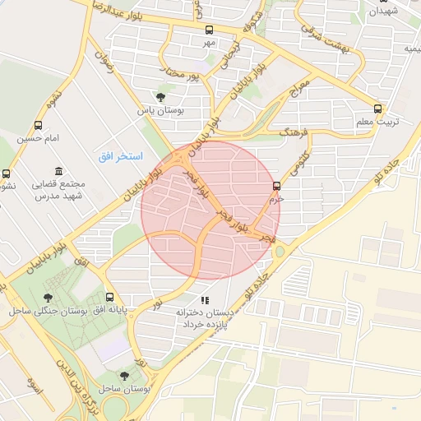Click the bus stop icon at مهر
(208, 30)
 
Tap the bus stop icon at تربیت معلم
(377, 109)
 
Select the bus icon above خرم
(276, 187)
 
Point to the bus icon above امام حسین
(39, 125)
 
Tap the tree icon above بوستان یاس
(160, 96)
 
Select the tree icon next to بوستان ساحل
(124, 375)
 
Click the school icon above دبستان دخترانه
(205, 300)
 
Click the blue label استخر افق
(120, 155)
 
